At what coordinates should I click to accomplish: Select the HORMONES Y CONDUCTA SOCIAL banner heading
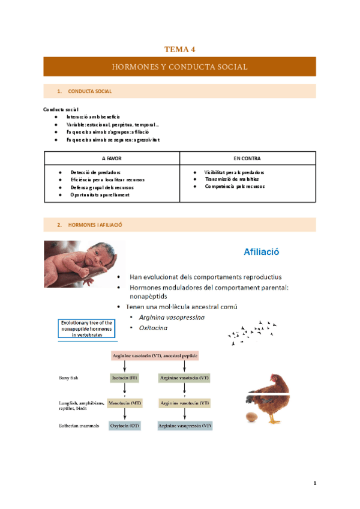pyautogui.click(x=179, y=67)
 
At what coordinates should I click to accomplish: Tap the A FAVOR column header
pyautogui.click(x=112, y=158)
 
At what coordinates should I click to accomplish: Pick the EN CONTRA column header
pyautogui.click(x=248, y=158)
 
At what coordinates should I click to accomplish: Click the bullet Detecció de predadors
pyautogui.click(x=95, y=172)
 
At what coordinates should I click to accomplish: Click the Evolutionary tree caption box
pyautogui.click(x=86, y=329)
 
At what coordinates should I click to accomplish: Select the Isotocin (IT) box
pyautogui.click(x=125, y=378)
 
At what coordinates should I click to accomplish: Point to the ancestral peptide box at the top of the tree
pyautogui.click(x=155, y=356)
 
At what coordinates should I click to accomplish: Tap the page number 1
pyautogui.click(x=314, y=483)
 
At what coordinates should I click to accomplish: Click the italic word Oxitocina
pyautogui.click(x=153, y=328)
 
